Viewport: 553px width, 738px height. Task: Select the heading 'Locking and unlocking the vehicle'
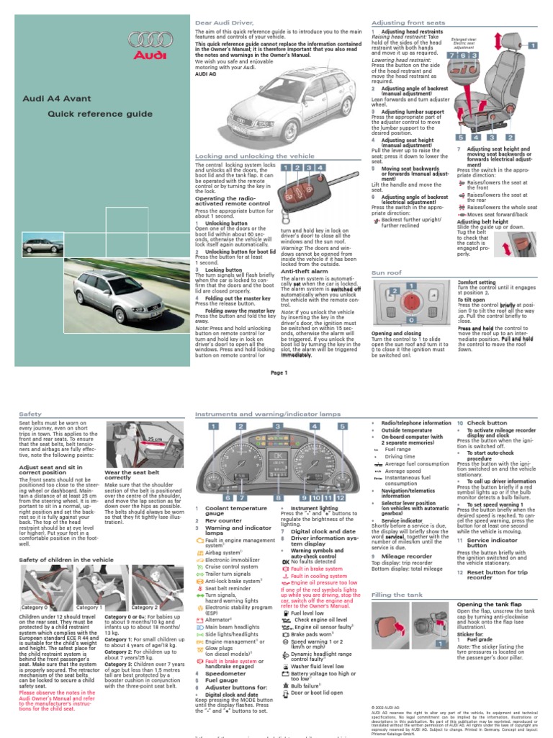tap(245, 156)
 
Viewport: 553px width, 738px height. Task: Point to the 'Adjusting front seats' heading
tap(403, 23)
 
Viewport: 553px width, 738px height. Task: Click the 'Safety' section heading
tap(31, 414)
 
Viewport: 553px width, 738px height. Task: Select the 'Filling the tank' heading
tap(397, 595)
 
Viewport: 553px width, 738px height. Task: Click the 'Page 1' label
tap(279, 373)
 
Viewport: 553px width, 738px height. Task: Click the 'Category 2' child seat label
tap(144, 608)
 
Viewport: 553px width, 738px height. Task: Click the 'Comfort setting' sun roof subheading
tap(477, 283)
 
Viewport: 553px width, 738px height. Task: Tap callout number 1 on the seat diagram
tap(534, 45)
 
